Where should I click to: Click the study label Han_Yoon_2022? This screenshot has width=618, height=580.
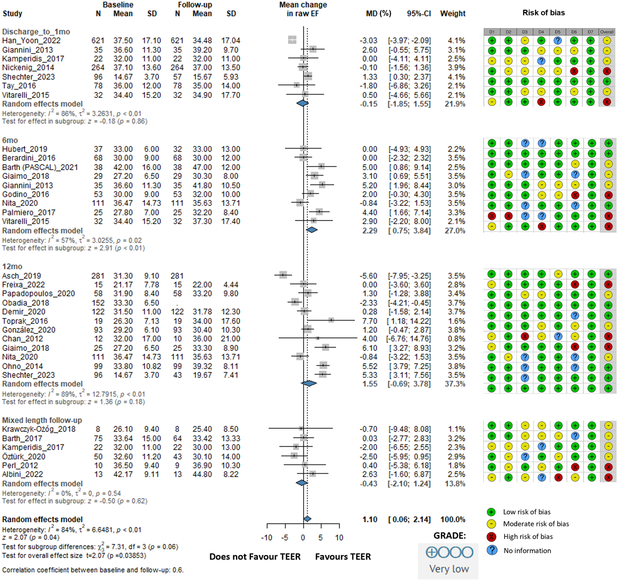31,41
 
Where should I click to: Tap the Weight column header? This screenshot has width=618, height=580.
453,14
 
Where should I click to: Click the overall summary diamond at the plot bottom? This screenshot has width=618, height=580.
307,519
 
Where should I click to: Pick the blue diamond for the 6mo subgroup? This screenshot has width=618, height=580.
312,230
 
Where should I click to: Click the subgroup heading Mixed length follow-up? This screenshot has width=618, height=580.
42,420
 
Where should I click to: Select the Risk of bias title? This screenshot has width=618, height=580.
544,13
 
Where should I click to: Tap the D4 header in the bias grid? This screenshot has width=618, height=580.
541,32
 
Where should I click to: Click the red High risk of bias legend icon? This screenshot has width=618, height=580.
491,536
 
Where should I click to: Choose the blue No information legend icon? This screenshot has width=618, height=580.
491,550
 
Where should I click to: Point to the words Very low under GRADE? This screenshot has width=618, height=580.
449,569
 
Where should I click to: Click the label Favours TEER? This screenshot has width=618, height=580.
343,557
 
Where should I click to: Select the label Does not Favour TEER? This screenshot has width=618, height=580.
255,557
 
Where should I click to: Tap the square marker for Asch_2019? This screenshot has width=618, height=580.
283,275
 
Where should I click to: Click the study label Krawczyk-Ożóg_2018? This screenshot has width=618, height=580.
39,429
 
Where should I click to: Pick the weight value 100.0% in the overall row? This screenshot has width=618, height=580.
453,519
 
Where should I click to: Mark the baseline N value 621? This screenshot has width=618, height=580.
98,41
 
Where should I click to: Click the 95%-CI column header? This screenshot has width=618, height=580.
419,14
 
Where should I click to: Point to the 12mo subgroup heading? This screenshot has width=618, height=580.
12,266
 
